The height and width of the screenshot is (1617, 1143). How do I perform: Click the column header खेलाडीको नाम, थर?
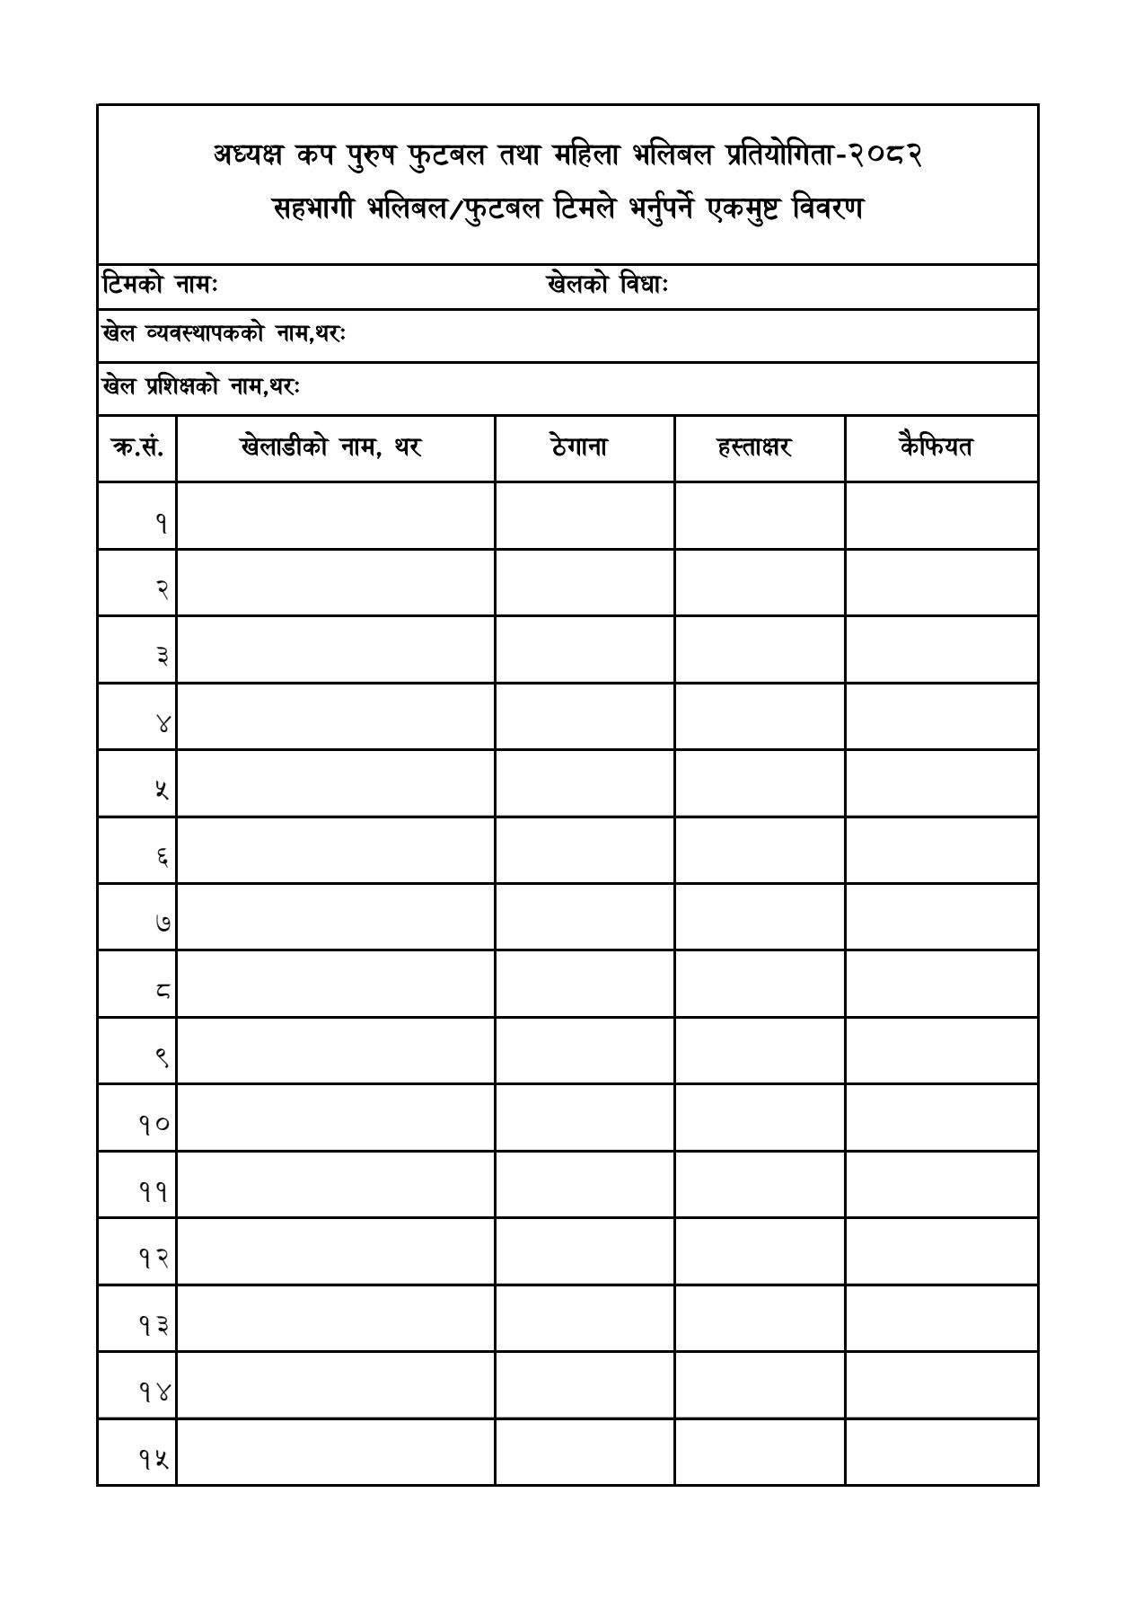(330, 446)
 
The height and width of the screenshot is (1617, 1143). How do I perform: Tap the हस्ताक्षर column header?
(754, 446)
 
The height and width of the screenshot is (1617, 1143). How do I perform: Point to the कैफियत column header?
(936, 446)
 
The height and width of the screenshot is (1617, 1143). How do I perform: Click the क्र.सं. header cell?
(136, 446)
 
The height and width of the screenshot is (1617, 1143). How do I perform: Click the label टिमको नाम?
(160, 285)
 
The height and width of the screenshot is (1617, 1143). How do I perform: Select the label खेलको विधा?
(607, 285)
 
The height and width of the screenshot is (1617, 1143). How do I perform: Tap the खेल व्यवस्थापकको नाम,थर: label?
(224, 334)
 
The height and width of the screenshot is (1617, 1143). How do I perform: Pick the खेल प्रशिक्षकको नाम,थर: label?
(201, 386)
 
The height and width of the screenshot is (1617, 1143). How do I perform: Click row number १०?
(154, 1124)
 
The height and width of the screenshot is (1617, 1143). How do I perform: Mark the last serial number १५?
(154, 1459)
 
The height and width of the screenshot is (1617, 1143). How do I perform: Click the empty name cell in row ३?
(335, 649)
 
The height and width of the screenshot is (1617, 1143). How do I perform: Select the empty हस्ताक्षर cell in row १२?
(759, 1252)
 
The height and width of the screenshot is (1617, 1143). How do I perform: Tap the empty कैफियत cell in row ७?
(941, 917)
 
